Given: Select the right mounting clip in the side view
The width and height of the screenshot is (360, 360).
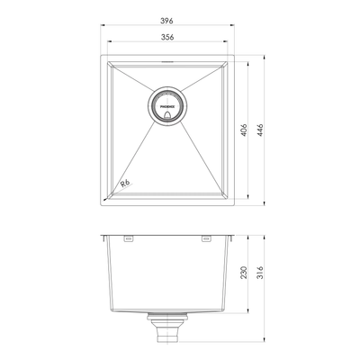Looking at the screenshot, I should (x=203, y=239).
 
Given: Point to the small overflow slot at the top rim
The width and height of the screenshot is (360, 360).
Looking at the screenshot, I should (x=167, y=62).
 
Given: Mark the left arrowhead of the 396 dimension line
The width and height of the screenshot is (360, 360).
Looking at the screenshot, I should (x=101, y=28).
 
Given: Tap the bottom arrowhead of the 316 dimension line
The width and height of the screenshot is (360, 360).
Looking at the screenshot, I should (x=267, y=343).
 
